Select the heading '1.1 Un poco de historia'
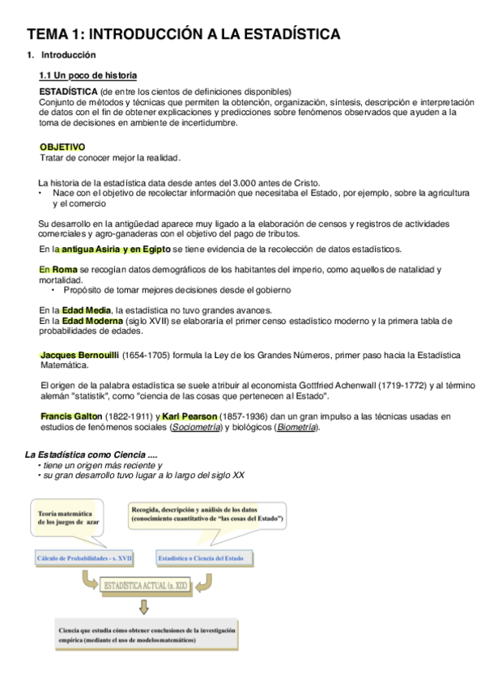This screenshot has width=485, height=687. (x=88, y=75)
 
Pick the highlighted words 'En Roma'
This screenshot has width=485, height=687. (x=57, y=269)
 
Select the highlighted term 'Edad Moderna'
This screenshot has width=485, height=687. (x=90, y=321)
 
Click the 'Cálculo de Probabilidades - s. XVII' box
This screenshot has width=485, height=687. (x=84, y=558)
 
